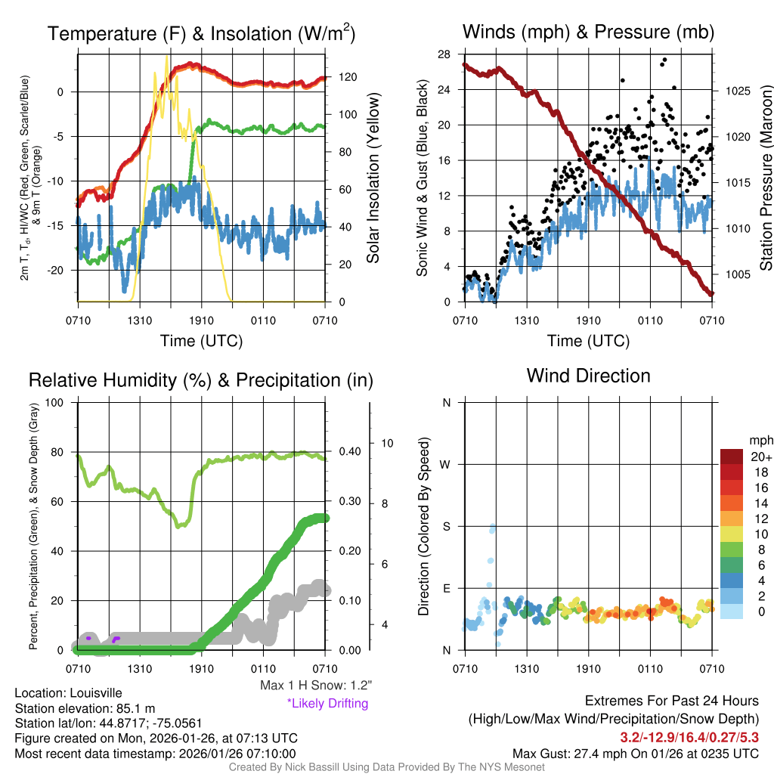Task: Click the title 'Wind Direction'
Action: (588, 376)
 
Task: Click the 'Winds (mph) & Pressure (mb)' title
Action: (588, 32)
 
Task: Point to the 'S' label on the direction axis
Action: (446, 526)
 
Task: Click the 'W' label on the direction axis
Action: (446, 464)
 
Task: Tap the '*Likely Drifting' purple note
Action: (327, 703)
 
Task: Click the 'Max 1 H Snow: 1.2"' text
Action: (315, 686)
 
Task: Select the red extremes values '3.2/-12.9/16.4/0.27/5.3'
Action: (689, 736)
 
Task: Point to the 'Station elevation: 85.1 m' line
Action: (85, 708)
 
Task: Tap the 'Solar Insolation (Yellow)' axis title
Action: (373, 178)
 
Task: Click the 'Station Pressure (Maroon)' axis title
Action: (765, 178)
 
